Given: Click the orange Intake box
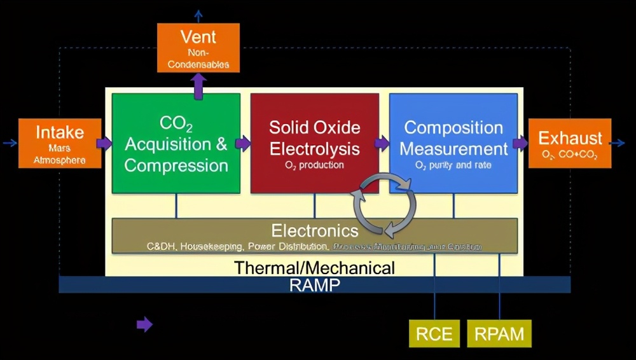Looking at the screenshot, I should coord(60,143).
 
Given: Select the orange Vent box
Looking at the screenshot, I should coord(198,47).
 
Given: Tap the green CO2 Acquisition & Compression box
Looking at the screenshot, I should coord(176,143).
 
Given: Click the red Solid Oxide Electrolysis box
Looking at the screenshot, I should coord(314,143).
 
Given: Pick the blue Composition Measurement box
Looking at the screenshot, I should coord(453,143).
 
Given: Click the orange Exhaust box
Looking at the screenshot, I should coord(570,143).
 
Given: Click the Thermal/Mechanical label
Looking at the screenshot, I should coord(315,268).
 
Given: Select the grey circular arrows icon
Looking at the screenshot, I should coord(385,204).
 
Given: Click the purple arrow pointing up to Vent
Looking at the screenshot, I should coord(198,86).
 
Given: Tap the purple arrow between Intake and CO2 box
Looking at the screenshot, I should coord(104,143).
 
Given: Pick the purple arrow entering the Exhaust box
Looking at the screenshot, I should coord(520,143).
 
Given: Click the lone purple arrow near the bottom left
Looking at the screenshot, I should coord(144,325).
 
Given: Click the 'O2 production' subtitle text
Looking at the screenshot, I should coord(314,165).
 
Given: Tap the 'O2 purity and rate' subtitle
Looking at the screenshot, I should coord(453,165).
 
